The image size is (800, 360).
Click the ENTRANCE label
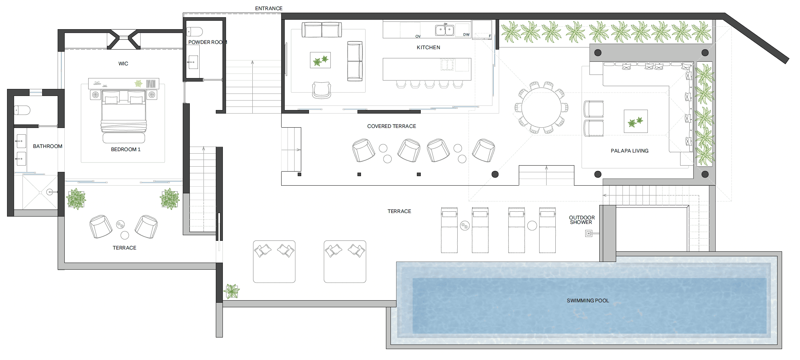click(x=269, y=8)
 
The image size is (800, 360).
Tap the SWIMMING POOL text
click(x=588, y=301)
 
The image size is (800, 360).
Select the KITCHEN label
click(x=428, y=47)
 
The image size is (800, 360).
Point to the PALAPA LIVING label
click(x=630, y=151)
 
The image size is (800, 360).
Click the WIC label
click(x=123, y=64)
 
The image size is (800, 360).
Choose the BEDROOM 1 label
click(x=125, y=149)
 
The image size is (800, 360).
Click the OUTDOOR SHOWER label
click(x=582, y=220)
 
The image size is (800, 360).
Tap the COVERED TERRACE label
click(x=392, y=126)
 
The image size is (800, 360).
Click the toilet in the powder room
click(x=194, y=32)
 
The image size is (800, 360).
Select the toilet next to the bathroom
click(x=22, y=110)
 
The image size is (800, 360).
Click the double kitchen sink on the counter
click(x=444, y=30)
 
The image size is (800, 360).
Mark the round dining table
click(x=541, y=107)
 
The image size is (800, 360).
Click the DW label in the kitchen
click(x=466, y=34)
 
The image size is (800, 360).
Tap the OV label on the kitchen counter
click(x=418, y=36)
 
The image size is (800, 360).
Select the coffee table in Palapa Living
click(x=636, y=121)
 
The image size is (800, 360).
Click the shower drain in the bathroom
click(x=50, y=192)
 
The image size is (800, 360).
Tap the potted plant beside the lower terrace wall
click(x=232, y=291)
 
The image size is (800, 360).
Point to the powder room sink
click(x=193, y=62)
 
